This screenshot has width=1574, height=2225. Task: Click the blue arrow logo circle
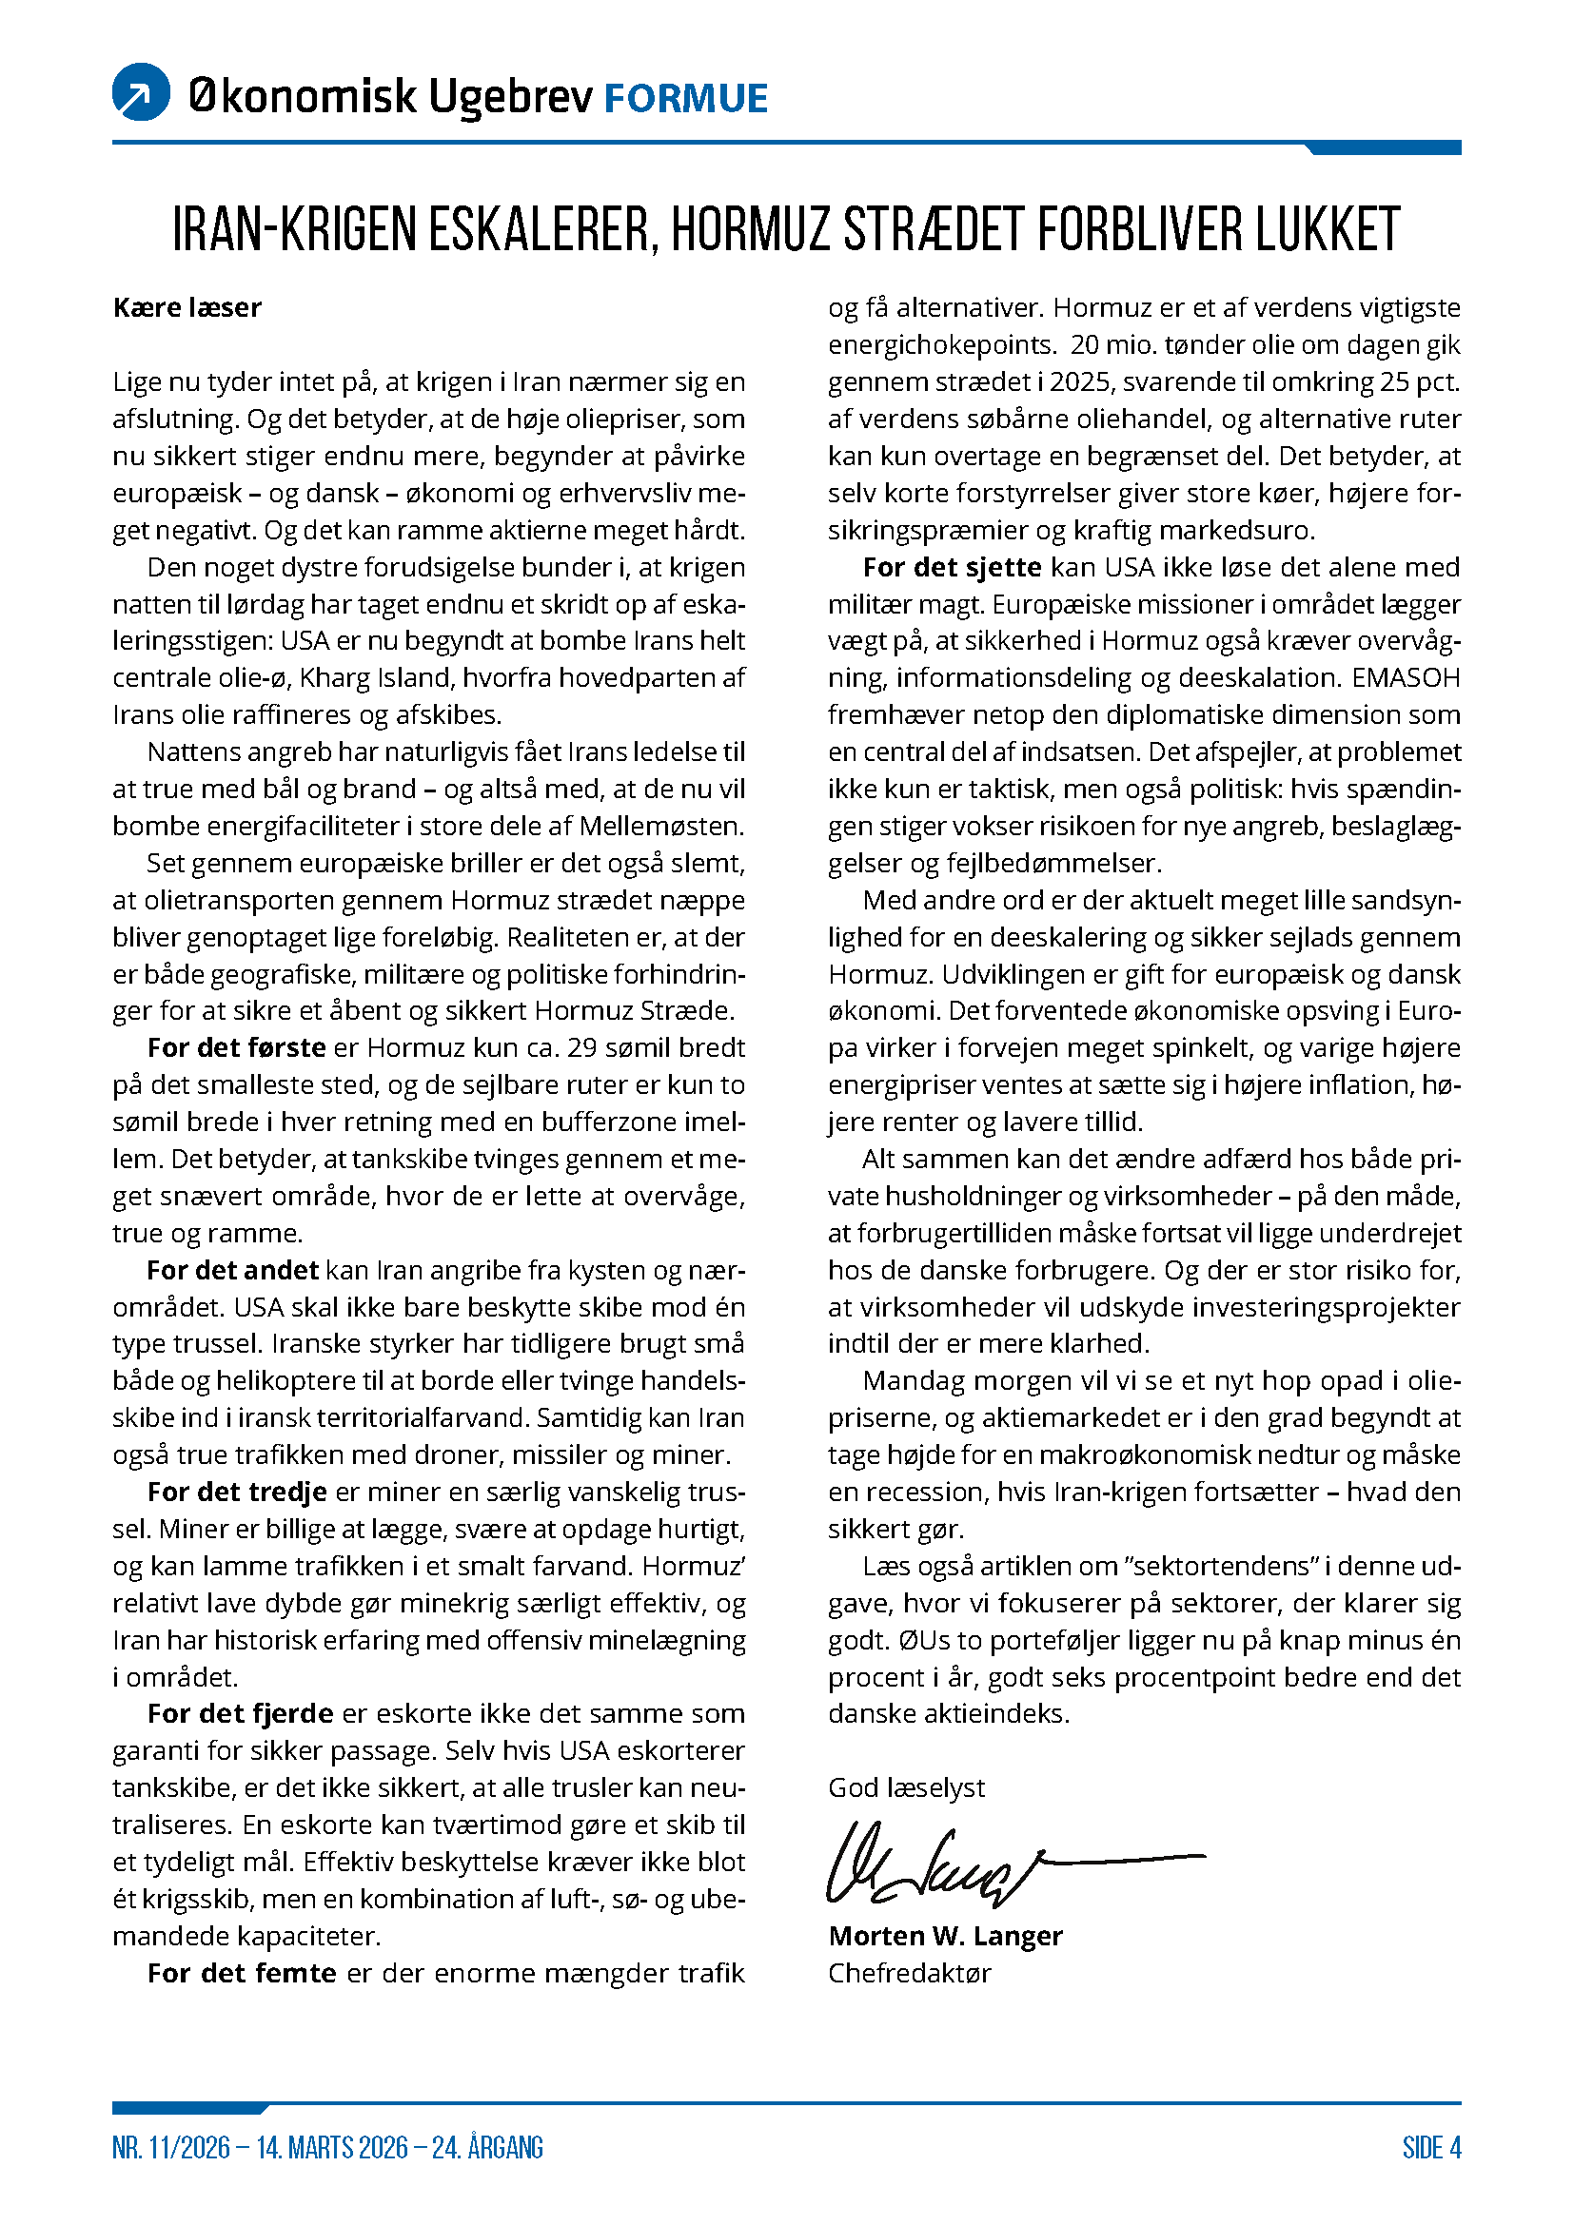[142, 92]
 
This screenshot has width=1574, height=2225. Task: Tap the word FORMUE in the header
[686, 99]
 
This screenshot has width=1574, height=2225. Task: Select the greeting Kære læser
[187, 308]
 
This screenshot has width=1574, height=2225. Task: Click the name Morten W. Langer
[945, 1936]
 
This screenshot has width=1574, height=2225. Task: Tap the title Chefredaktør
[909, 1973]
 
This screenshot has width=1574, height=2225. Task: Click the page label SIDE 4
[1430, 2148]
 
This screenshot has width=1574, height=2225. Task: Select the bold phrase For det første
[237, 1047]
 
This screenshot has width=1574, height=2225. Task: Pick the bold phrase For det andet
[232, 1271]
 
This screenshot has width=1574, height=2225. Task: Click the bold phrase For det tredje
[237, 1493]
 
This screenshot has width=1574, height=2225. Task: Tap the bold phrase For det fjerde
[241, 1713]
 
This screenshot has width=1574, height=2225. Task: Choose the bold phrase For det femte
[242, 1973]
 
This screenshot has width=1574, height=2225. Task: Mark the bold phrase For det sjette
[952, 568]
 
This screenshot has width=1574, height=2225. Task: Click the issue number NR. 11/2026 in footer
[170, 2148]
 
